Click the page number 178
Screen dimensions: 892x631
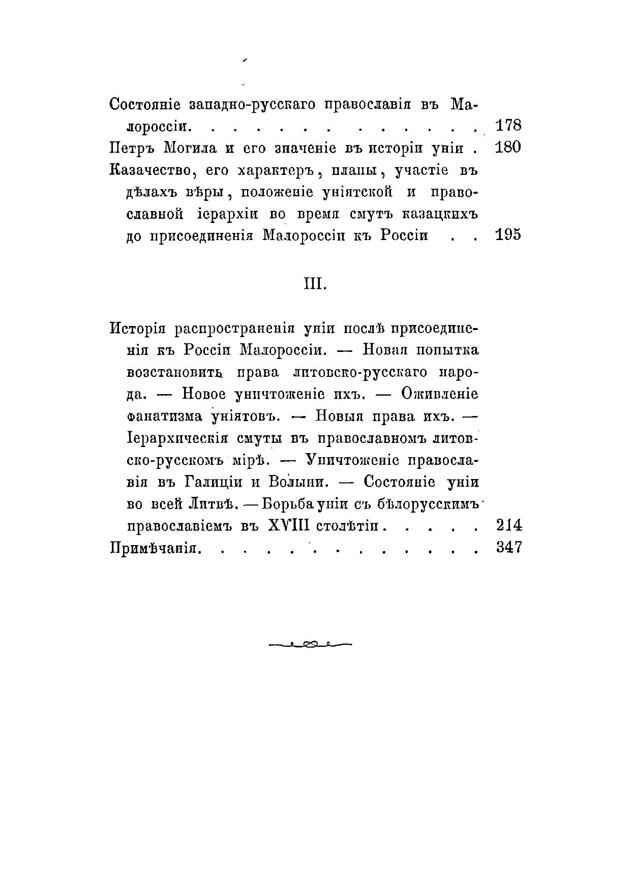[x=508, y=125]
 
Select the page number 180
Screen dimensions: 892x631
[x=508, y=148]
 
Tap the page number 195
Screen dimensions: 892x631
[x=508, y=235]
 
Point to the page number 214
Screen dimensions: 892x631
[x=508, y=525]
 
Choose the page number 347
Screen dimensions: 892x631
[x=508, y=547]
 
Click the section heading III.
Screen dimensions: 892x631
[x=315, y=284]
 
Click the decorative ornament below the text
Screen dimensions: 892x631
[x=310, y=645]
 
